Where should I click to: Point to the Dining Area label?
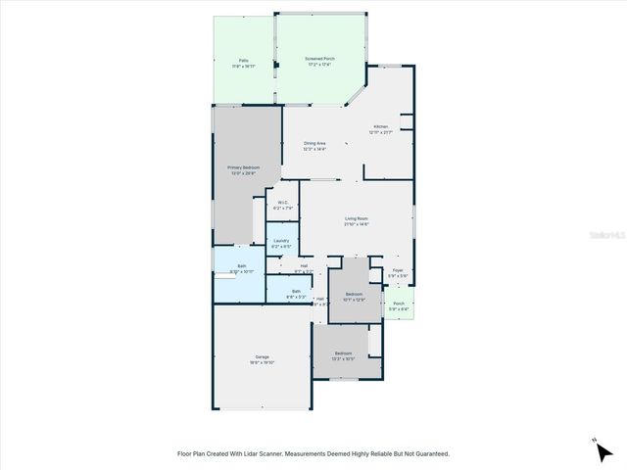point(313,144)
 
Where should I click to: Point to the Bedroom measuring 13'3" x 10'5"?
point(343,353)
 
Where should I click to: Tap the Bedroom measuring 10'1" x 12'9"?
point(354,295)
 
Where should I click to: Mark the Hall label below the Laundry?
point(304,265)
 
